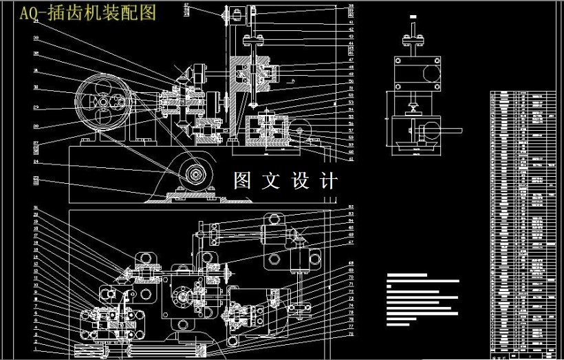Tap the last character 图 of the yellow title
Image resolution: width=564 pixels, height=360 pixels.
[x=147, y=12]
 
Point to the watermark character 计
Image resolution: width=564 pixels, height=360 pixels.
[x=329, y=181]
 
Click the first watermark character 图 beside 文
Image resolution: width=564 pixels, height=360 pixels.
[x=242, y=181]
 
